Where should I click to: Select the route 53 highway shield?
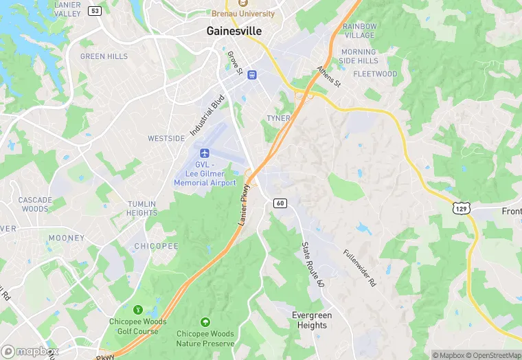(x=95, y=11)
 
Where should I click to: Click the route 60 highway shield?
(x=280, y=203)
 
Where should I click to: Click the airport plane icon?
(x=204, y=153)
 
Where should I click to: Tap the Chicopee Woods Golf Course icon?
(x=137, y=310)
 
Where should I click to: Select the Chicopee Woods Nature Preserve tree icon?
(x=205, y=322)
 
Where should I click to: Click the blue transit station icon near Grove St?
(x=252, y=74)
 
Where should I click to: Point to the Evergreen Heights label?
(x=311, y=320)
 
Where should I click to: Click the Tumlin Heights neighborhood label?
(x=142, y=208)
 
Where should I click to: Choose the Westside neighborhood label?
(x=166, y=138)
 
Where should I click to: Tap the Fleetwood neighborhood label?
(x=375, y=74)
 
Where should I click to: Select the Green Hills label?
(x=104, y=56)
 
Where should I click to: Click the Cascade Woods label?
(x=35, y=204)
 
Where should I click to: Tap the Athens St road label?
(x=328, y=77)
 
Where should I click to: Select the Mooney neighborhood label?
(x=67, y=238)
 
